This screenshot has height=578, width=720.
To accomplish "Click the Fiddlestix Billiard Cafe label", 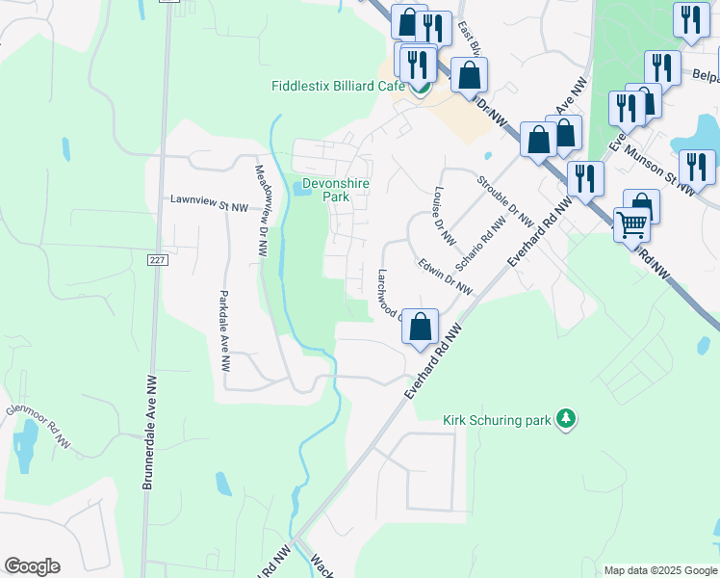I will (x=337, y=86).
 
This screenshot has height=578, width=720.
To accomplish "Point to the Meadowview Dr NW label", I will (x=262, y=209).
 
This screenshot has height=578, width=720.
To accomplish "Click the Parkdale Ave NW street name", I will (x=223, y=330).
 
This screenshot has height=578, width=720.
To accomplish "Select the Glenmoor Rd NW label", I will (x=38, y=425).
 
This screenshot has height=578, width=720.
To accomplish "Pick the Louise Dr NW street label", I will (x=445, y=216).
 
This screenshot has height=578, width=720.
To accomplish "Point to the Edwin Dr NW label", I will (x=445, y=276).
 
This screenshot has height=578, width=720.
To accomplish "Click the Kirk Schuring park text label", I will (x=499, y=420).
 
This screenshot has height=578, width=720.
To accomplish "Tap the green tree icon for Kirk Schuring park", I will (x=568, y=418).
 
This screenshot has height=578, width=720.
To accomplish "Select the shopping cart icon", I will (x=631, y=225).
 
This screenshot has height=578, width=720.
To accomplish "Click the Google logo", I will (x=32, y=566).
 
